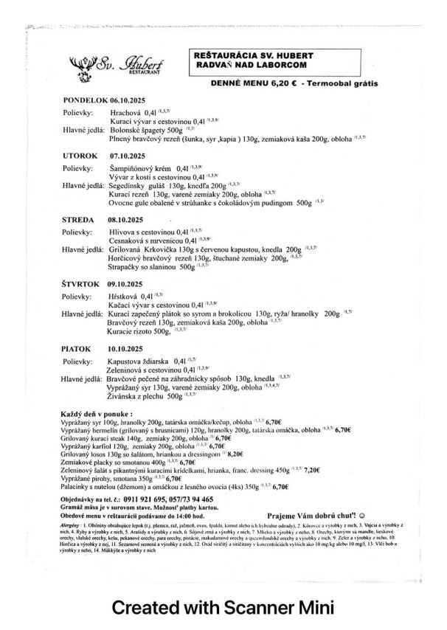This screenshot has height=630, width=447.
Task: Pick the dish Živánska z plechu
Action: [x=137, y=396]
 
